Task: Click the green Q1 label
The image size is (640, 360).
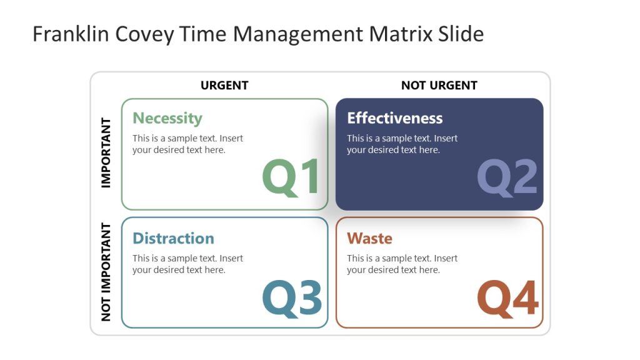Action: (x=291, y=177)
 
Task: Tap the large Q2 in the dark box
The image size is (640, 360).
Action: (x=507, y=177)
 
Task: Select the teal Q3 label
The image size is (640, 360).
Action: (x=292, y=297)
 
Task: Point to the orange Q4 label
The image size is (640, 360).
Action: (x=507, y=297)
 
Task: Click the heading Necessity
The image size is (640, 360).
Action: (x=167, y=118)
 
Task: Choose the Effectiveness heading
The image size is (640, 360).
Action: (x=394, y=118)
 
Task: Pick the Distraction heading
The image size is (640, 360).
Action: (x=173, y=238)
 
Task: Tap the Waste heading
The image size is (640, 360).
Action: (x=369, y=238)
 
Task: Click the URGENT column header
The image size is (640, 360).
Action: (x=224, y=86)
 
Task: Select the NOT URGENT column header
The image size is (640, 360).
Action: (x=439, y=86)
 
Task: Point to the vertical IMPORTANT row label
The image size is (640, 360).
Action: (x=106, y=152)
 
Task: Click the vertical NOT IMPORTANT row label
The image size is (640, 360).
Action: (x=106, y=272)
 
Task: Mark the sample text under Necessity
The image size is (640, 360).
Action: (x=187, y=144)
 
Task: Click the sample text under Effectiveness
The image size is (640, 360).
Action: (x=402, y=144)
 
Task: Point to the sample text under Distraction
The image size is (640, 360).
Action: (x=187, y=264)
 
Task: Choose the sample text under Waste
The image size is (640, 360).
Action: (x=402, y=264)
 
